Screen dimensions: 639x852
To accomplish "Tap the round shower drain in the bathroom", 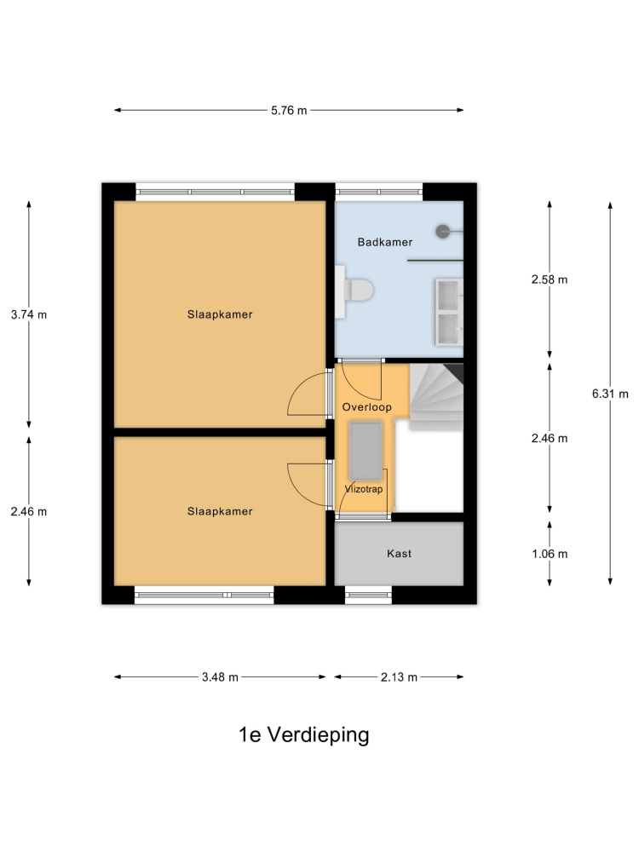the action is click(443, 232).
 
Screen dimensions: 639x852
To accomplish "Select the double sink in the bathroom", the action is click(449, 311).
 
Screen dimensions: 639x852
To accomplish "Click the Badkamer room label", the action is click(385, 242).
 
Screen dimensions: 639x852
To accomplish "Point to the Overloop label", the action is click(366, 407).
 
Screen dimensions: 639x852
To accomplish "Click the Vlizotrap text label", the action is click(364, 489).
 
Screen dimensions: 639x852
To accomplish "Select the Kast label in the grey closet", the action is click(399, 554).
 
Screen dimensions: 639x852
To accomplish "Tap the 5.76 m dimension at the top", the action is click(289, 110).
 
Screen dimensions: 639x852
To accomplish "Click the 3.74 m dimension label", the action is click(29, 314).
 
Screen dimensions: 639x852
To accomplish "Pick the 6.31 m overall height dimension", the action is click(610, 394).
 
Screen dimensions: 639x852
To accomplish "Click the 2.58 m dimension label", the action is click(550, 279).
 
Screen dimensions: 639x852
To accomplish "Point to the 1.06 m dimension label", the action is click(550, 554).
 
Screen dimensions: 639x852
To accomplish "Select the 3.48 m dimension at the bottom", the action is click(220, 677).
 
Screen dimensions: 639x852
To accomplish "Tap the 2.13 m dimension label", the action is click(399, 677).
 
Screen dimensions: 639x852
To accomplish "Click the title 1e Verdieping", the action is click(304, 734).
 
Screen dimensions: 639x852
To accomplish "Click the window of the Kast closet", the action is click(368, 595).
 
